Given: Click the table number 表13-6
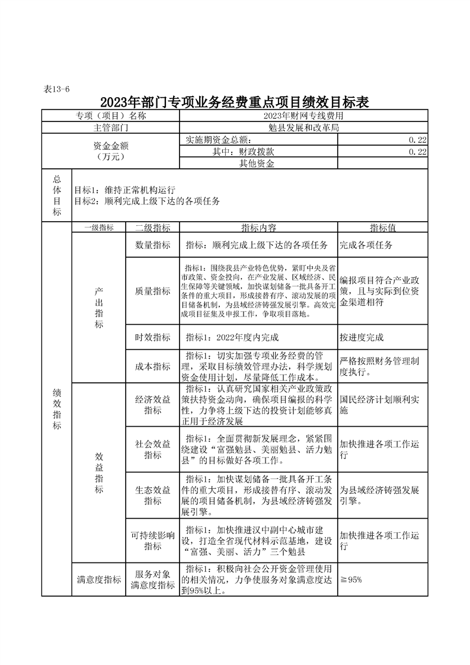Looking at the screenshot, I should [57, 89].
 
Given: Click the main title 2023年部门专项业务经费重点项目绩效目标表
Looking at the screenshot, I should [235, 102].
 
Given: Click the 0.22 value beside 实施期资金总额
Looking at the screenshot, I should [417, 140].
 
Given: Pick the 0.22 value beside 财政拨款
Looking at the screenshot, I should [417, 152].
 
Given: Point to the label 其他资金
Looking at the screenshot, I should [257, 164].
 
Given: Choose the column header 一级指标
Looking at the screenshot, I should [98, 228].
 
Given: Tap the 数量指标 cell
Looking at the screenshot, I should [152, 245].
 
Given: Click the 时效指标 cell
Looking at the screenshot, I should [152, 337].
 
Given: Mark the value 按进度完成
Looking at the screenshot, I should [362, 337].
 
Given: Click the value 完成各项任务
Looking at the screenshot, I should [365, 245].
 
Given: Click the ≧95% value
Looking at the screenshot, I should [351, 580].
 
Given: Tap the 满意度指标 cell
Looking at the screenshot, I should [98, 580].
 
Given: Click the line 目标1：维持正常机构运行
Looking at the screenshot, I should [124, 190].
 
